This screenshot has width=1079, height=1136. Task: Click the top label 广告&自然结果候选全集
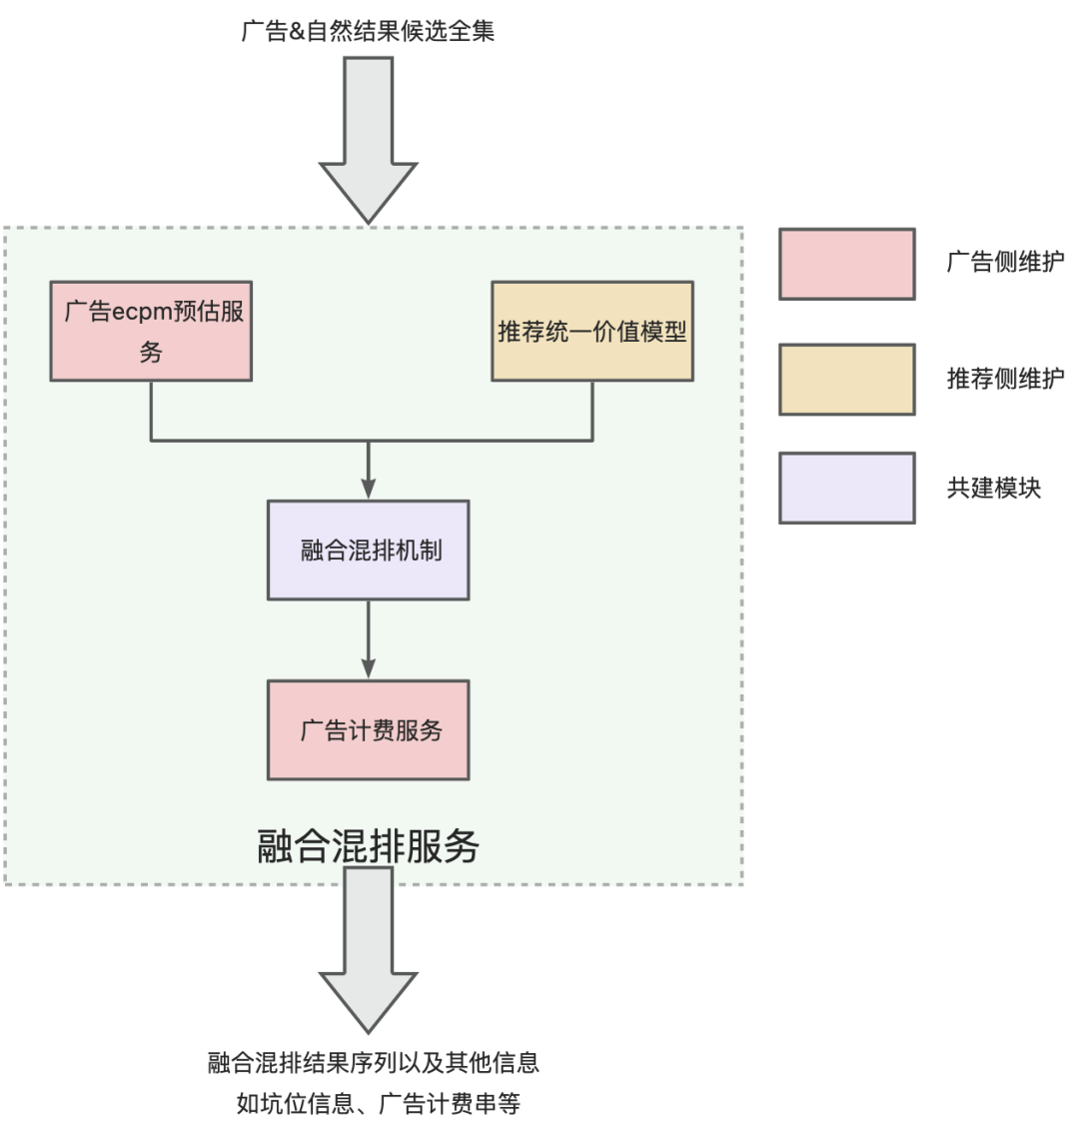tap(368, 32)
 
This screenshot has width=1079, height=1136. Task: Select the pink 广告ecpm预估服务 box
tap(151, 331)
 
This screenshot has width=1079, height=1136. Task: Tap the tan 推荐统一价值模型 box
tap(592, 331)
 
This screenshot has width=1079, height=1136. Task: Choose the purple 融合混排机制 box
tap(368, 551)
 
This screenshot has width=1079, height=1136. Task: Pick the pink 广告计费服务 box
tap(368, 730)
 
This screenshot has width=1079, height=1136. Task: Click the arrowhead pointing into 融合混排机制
tap(368, 489)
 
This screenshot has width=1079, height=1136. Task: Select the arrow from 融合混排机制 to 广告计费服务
tap(368, 639)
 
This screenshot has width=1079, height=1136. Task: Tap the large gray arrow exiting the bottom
tap(368, 949)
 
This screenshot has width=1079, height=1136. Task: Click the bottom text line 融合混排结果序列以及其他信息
tap(374, 1063)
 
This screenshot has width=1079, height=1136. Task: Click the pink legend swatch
tap(847, 264)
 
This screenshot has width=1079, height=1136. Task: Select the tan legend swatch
tap(847, 380)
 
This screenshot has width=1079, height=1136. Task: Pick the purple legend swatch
tap(847, 489)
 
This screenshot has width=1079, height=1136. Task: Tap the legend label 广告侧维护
tap(1005, 263)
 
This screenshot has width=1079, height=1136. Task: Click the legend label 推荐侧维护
tap(1005, 379)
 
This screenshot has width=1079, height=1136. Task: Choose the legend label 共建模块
tap(993, 489)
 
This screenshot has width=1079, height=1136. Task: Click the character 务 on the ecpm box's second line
tap(151, 353)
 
